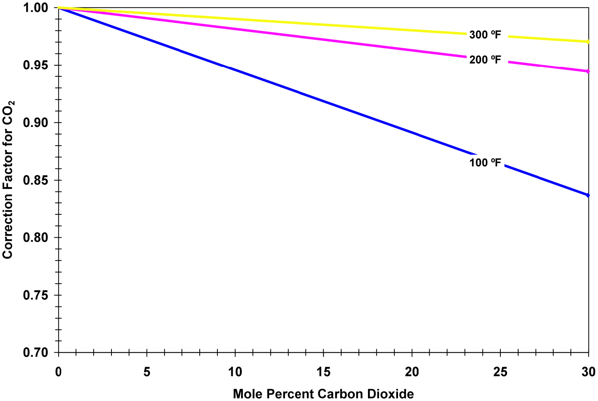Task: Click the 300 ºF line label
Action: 485,35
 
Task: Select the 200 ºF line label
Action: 485,60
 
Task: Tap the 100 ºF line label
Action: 485,163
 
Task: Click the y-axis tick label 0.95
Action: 36,65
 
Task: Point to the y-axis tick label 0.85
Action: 36,180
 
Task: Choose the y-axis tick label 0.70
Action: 36,352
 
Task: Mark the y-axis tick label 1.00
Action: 36,8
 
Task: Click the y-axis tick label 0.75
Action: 36,295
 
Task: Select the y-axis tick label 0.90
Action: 36,123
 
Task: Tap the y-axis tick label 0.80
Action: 36,238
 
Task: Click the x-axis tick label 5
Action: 147,372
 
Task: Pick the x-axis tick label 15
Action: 323,372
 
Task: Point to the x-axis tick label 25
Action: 500,372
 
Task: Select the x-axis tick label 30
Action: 589,372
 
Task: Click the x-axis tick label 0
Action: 58,372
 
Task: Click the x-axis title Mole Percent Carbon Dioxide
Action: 323,394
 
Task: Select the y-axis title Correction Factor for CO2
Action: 8,180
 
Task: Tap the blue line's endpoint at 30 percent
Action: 588,195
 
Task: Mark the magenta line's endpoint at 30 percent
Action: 588,71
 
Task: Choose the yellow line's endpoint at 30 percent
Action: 588,42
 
